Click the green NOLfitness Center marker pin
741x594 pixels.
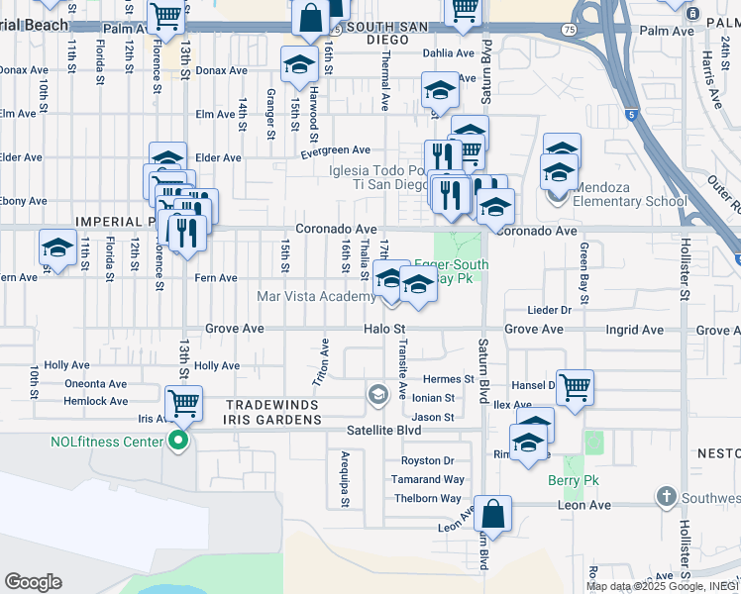178,441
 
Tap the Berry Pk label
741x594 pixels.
568,481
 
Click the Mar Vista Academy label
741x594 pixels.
316,296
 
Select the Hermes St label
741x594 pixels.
448,379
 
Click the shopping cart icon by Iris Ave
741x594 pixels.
183,403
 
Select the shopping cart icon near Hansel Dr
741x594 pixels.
575,387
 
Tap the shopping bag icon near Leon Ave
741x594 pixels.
492,513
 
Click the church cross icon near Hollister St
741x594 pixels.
667,495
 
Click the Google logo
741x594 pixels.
34,582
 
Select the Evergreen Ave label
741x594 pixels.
336,150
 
